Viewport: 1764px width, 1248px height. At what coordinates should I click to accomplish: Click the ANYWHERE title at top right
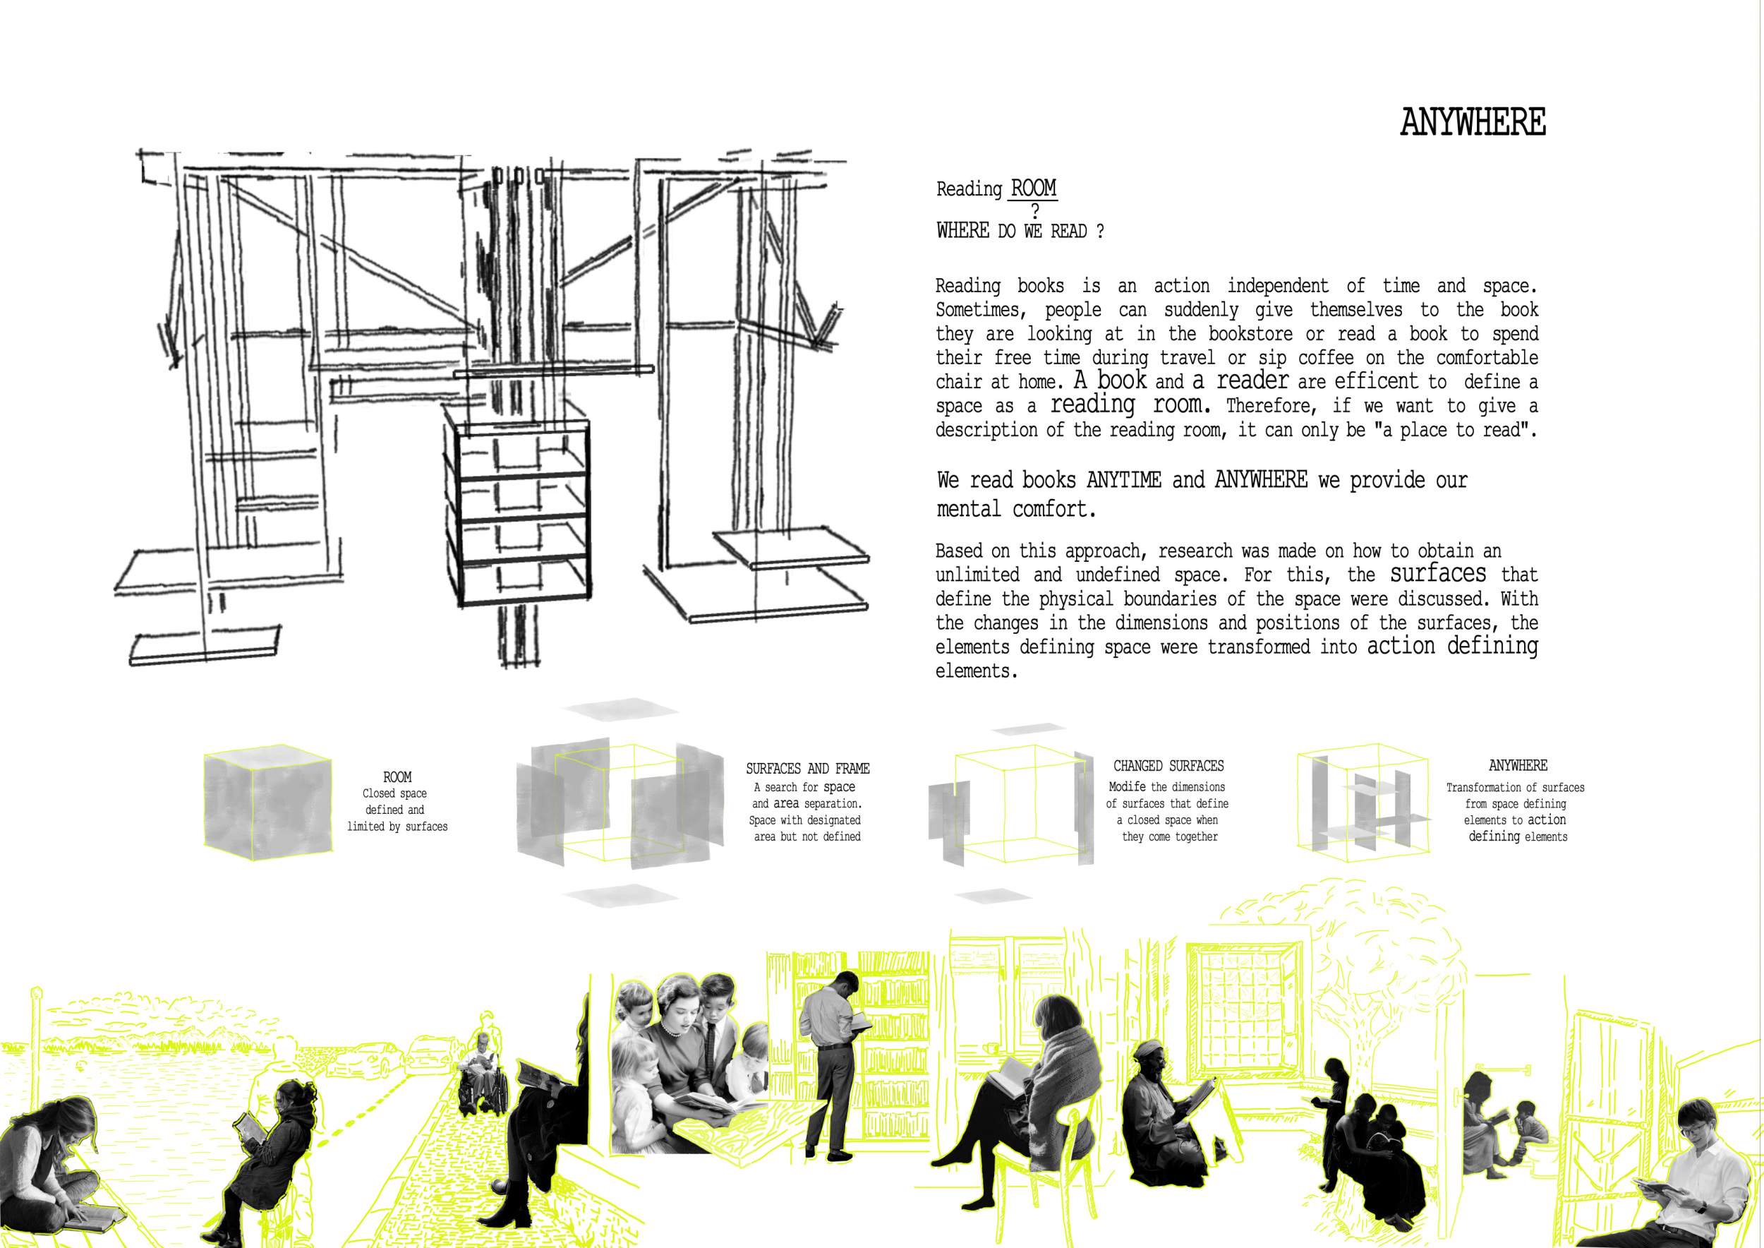pos(1473,122)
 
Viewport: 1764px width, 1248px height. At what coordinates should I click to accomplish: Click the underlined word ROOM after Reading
pos(1034,188)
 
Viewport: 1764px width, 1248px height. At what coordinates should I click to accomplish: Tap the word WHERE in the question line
pos(962,231)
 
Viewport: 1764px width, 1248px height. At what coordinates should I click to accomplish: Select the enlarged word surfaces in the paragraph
pos(1437,573)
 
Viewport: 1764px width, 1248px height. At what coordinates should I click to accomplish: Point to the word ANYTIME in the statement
pos(1123,480)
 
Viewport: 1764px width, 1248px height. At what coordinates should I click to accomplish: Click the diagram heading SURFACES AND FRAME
pos(807,769)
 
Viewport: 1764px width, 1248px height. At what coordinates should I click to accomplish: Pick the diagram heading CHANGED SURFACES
pos(1168,766)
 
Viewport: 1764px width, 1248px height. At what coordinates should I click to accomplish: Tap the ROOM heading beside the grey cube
pos(397,777)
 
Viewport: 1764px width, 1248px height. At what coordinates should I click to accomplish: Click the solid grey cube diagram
pos(268,801)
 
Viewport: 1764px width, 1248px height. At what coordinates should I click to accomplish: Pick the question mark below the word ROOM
pos(1035,210)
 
